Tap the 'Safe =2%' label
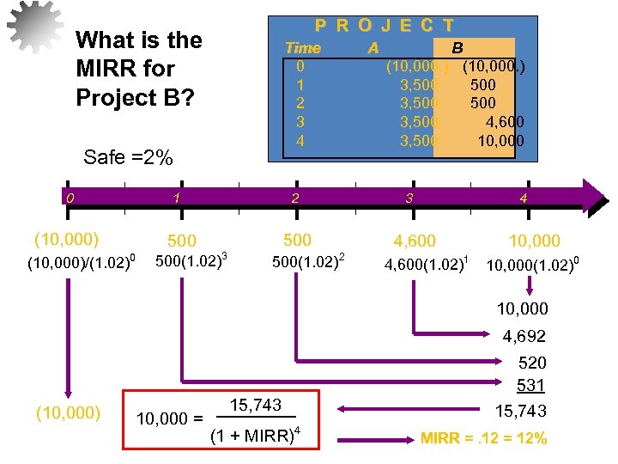point(128,157)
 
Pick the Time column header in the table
point(302,48)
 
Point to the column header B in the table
point(457,48)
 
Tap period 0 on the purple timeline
point(74,198)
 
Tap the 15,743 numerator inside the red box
point(256,405)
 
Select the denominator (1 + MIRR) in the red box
point(255,435)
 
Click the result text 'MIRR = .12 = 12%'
point(484,439)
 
